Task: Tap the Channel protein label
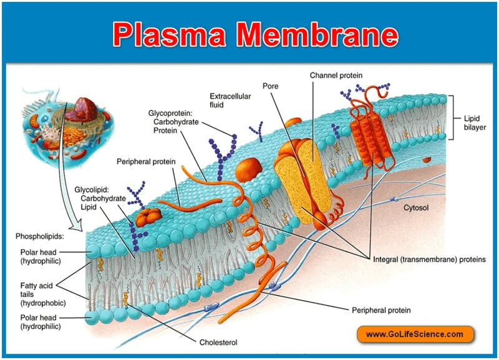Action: pos(336,75)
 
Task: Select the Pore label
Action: pos(271,86)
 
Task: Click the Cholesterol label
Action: pos(218,342)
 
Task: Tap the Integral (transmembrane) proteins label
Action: pos(429,259)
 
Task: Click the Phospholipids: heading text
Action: pos(40,236)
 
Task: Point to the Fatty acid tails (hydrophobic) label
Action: pos(42,294)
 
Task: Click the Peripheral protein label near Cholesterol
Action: pos(381,309)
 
